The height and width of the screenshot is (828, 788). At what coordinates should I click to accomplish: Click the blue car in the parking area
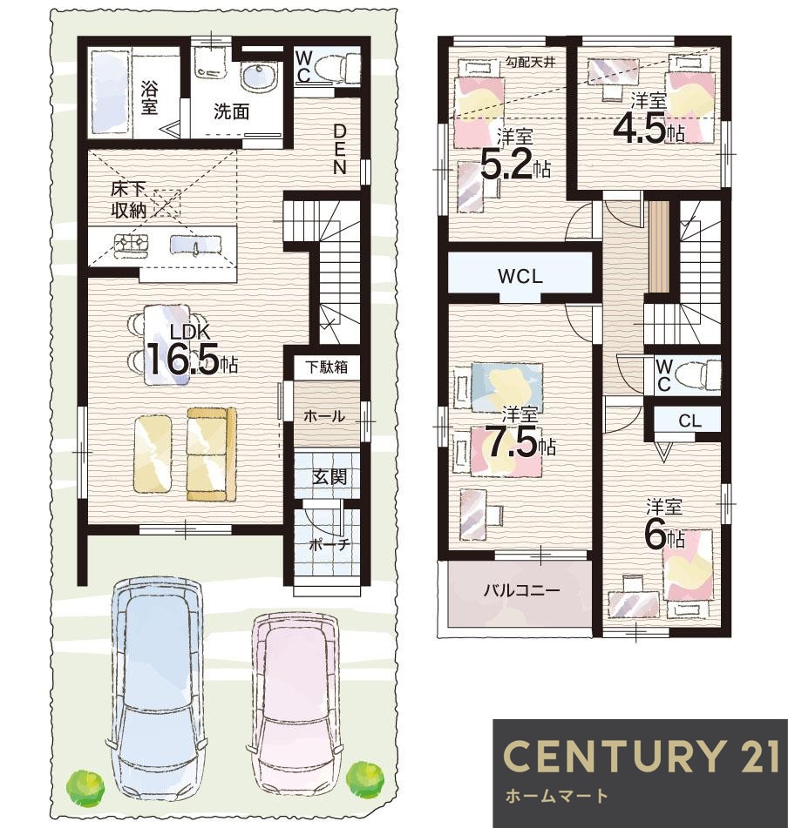pos(155,689)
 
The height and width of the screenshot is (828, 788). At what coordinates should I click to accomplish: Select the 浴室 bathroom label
pos(149,98)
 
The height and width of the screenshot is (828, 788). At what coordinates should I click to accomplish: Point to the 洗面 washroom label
pos(231,111)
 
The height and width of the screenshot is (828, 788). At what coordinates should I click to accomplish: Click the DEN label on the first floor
pos(339,149)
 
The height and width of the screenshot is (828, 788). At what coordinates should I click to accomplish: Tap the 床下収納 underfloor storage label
pos(129,200)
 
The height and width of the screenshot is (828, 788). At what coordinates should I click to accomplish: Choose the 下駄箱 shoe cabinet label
pos(327,367)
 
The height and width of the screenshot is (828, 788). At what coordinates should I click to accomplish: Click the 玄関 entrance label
pos(329,477)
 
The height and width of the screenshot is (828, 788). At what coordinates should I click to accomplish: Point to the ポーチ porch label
pos(329,544)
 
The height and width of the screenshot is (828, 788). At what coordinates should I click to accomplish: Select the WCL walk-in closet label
pos(520,276)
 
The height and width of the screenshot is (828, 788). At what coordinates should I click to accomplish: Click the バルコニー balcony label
pos(521,589)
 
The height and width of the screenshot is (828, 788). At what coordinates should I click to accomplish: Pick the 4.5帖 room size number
pos(649,130)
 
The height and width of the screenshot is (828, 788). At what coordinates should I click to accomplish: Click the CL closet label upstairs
pos(689,421)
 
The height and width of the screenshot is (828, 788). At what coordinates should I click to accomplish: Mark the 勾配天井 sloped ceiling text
pos(531,62)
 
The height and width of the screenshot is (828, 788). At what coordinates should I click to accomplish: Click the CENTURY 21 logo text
pos(641,756)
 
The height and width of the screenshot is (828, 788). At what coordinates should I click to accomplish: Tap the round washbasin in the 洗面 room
pos(259,77)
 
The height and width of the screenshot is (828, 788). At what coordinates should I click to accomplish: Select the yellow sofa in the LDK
pos(212,454)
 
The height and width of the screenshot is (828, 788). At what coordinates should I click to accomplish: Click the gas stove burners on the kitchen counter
pos(131,246)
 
